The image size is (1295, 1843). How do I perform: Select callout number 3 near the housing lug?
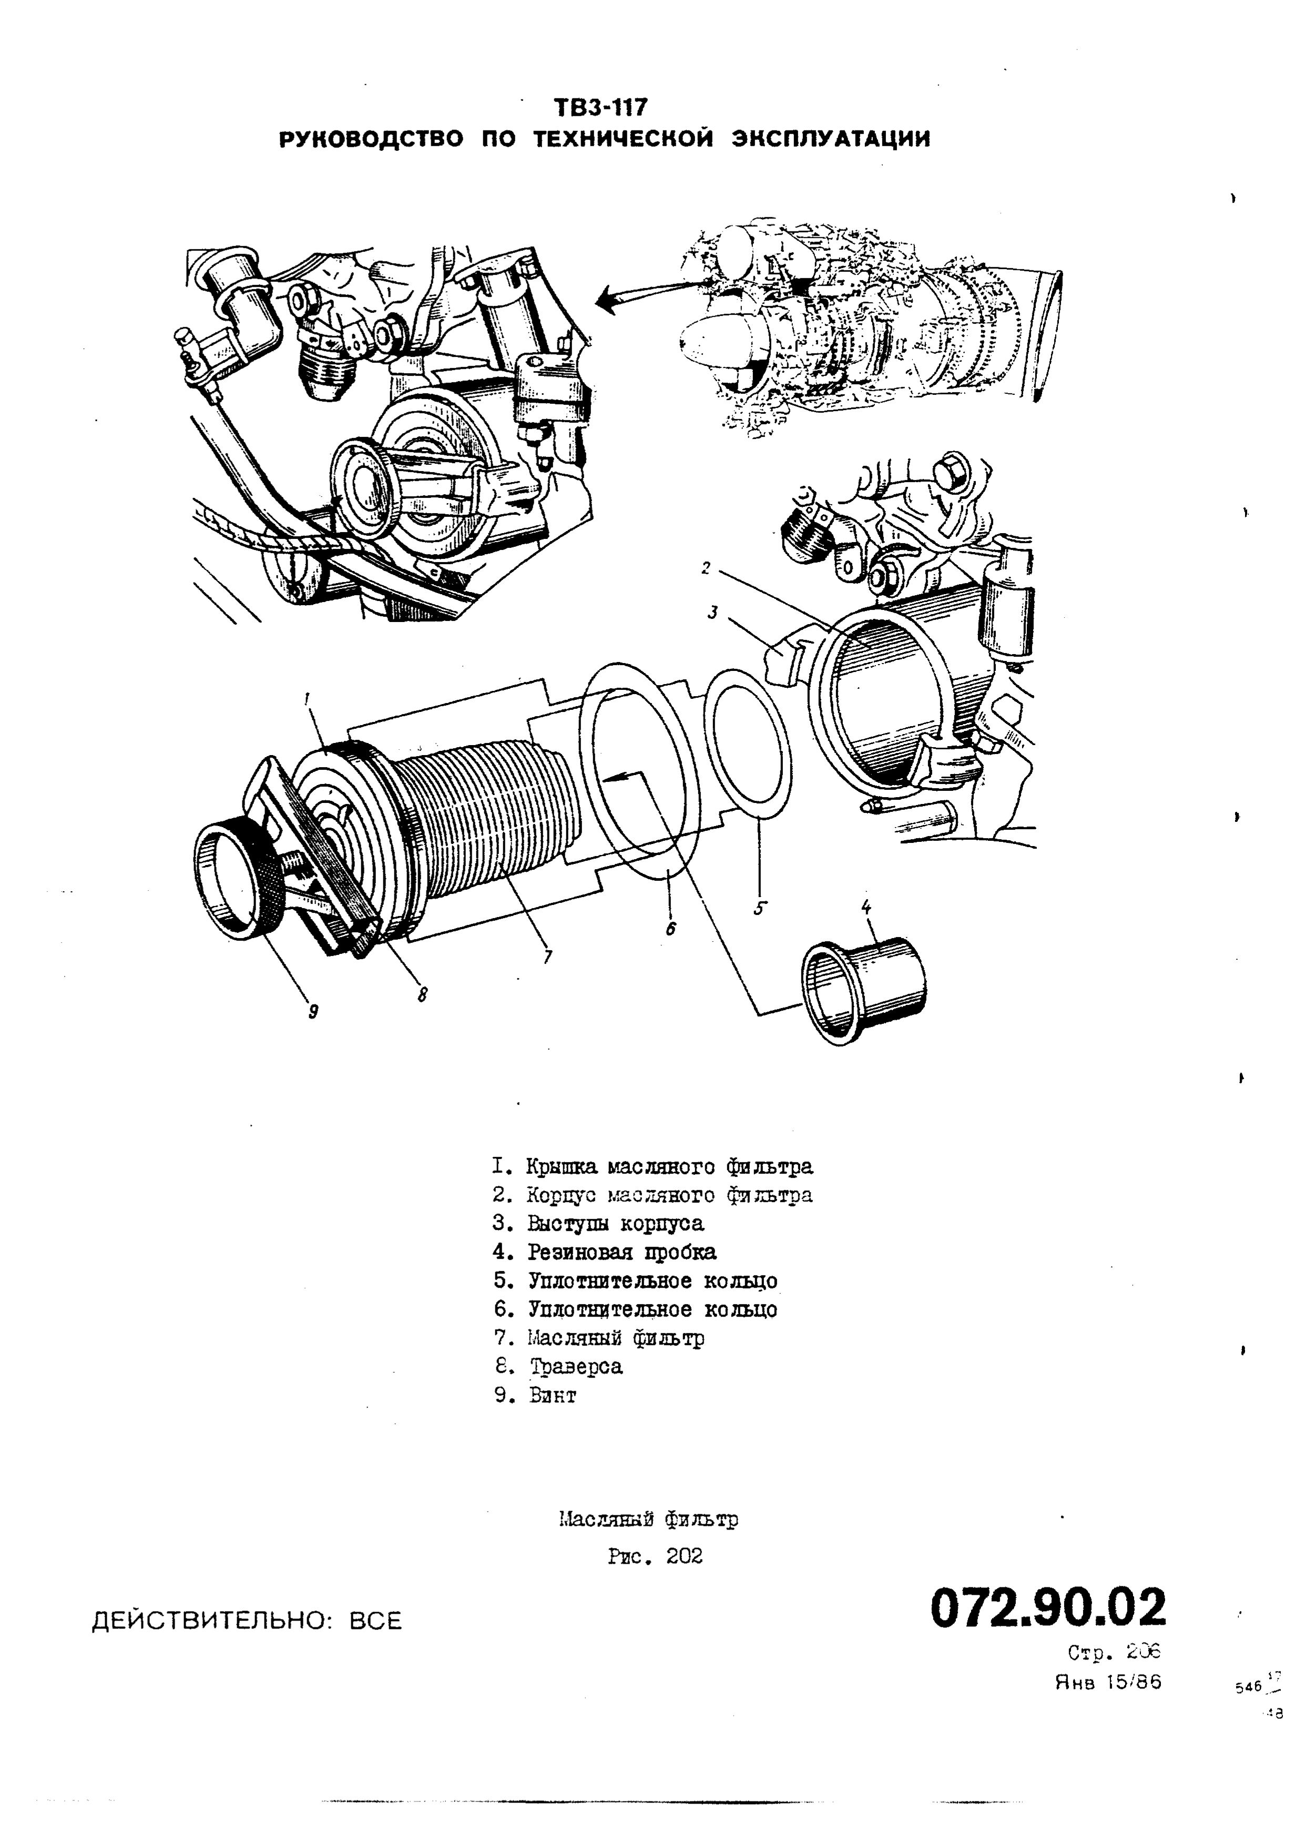coord(712,613)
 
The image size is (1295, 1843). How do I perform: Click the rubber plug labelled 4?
coord(863,991)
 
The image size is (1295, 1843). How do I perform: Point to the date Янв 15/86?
coord(1107,1682)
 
